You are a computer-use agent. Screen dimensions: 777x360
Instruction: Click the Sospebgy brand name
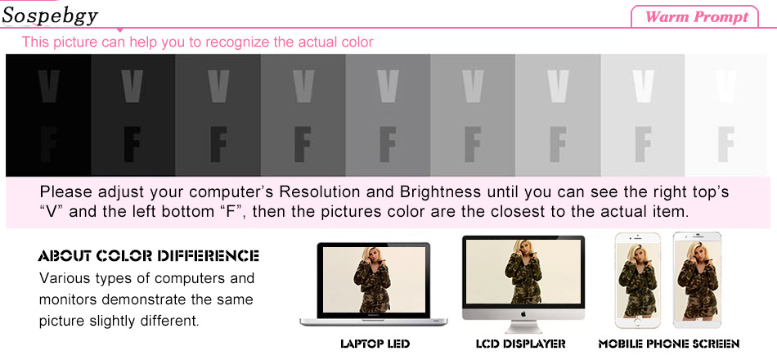pyautogui.click(x=50, y=16)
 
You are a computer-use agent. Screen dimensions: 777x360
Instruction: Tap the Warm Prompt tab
pyautogui.click(x=696, y=17)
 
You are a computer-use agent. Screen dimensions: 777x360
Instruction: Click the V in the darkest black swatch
pyautogui.click(x=48, y=86)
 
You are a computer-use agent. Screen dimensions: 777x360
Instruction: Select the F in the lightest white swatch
pyautogui.click(x=725, y=144)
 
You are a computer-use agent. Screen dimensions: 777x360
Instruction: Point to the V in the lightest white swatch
pyautogui.click(x=725, y=86)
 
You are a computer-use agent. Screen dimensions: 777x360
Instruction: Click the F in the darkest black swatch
pyautogui.click(x=48, y=144)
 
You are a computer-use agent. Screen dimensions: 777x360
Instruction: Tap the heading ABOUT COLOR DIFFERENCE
pyautogui.click(x=148, y=256)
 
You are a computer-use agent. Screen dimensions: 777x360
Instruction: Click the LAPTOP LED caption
pyautogui.click(x=375, y=344)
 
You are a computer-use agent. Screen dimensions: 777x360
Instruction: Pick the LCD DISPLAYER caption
pyautogui.click(x=521, y=344)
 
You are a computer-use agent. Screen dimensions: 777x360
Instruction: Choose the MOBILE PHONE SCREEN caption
pyautogui.click(x=669, y=344)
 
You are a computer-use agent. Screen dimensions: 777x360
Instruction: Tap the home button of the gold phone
pyautogui.click(x=637, y=322)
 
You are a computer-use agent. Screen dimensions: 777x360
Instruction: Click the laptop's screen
pyautogui.click(x=374, y=280)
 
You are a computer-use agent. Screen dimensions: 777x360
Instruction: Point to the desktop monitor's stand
pyautogui.click(x=523, y=327)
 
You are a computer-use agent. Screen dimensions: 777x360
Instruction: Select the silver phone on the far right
pyautogui.click(x=698, y=280)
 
